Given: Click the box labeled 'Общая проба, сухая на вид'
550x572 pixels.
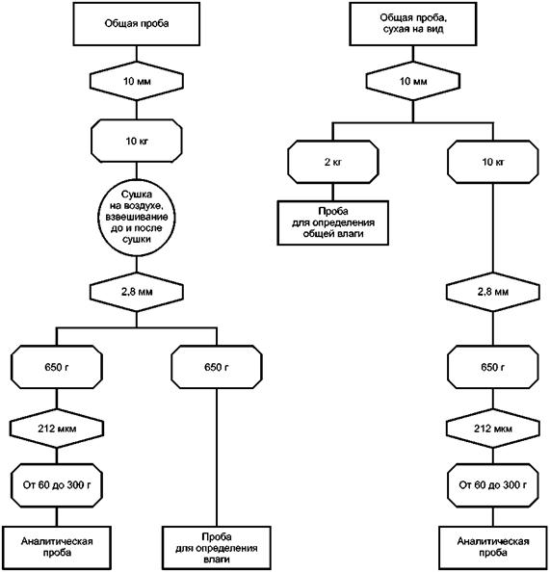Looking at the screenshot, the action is coord(413,24).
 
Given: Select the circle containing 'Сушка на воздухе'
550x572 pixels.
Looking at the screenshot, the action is coord(137,218).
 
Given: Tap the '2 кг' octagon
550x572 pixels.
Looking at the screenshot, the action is coord(333,162).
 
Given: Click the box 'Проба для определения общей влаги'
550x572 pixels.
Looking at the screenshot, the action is coord(333,222).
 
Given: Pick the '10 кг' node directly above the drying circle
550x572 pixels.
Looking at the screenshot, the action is coord(137,141).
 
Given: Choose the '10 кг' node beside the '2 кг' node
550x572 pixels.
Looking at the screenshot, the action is coord(493,162).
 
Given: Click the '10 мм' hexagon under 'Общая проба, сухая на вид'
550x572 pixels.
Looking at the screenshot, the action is coord(413,81).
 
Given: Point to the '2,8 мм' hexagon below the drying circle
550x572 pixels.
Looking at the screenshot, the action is coord(137,292).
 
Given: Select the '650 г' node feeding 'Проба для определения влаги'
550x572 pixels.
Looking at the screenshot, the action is coord(217,367).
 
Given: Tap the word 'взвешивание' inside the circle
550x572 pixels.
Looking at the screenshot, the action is coord(137,217).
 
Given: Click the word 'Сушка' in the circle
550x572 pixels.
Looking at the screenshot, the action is coord(137,195).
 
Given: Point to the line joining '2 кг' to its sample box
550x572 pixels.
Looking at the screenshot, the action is coord(333,192).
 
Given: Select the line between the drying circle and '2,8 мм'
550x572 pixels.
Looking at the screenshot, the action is coord(137,264).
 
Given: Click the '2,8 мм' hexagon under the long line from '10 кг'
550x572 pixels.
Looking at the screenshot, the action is coord(493,292).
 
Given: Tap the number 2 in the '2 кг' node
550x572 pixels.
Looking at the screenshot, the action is coord(327,162).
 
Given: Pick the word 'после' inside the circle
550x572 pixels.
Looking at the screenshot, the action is coord(148,228).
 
